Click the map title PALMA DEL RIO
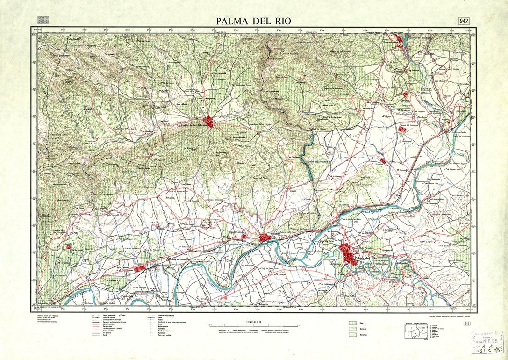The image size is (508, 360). pos(254,21)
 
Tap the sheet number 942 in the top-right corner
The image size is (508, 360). pos(464,21)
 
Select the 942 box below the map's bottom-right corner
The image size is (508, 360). pos(466,324)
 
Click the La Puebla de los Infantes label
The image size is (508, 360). pos(192,125)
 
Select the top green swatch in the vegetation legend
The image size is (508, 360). pos(353,323)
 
